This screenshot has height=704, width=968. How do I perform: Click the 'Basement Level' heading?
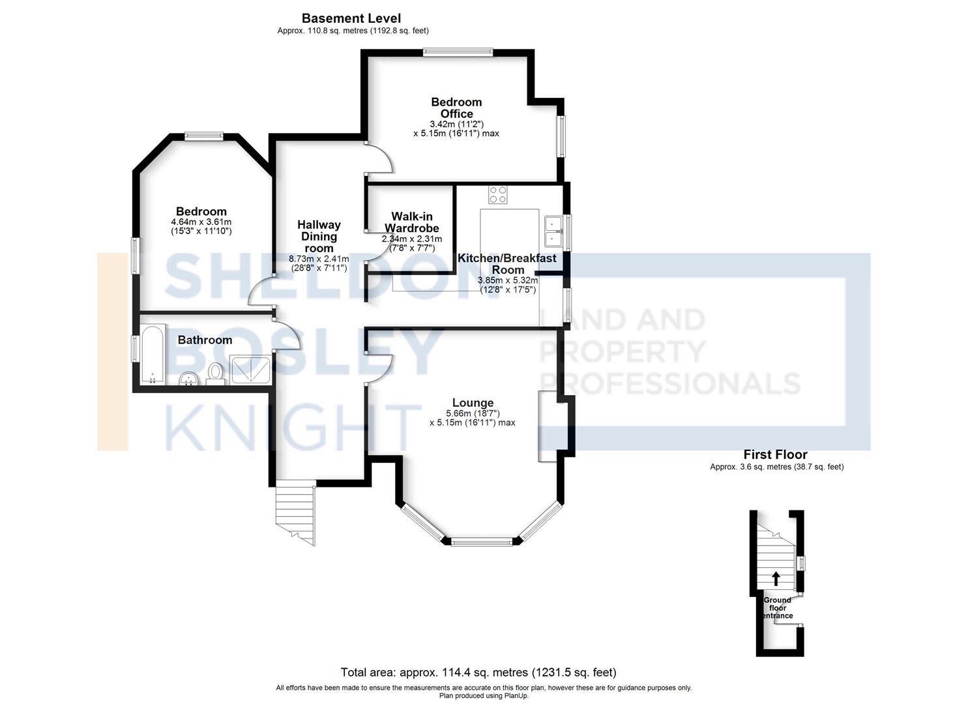351,19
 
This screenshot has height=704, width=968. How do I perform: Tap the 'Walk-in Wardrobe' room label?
412,222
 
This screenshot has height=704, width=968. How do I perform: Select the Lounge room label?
473,402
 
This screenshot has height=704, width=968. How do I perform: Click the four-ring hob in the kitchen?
498,194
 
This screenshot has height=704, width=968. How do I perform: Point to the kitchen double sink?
553,231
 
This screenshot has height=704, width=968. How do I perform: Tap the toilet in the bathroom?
215,374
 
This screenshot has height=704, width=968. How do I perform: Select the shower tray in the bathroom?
250,370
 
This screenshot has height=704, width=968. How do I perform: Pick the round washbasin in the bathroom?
188,378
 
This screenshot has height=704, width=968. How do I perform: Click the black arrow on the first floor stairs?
776,578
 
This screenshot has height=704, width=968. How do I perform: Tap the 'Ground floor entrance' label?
777,608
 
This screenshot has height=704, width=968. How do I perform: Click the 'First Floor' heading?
775,454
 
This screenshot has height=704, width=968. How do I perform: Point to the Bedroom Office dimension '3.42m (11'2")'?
456,124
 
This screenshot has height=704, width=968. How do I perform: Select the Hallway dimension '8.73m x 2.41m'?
319,259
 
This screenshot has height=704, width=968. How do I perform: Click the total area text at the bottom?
478,673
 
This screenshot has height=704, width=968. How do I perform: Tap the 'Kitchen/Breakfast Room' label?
507,263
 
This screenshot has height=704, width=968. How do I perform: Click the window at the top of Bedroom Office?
458,53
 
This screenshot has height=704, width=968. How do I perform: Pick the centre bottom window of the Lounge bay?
482,542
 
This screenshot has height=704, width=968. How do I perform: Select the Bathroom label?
205,340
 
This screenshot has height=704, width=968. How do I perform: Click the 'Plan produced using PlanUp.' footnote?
484,696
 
